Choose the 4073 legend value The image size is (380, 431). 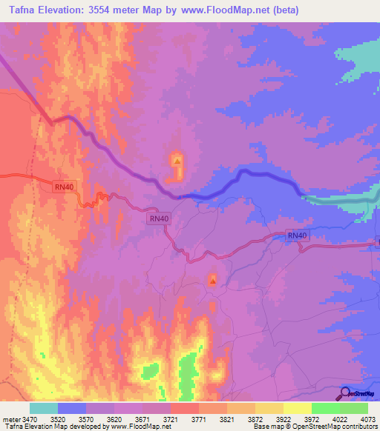pos(367,418)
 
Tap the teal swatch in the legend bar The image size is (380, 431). pos(44,408)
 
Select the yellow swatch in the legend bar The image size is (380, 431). pos(297,408)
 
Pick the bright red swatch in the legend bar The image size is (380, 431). pos(184,408)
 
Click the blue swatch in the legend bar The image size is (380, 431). pos(72,408)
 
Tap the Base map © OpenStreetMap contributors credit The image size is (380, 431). pos(315,427)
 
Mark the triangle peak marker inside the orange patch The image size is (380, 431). pos(177,160)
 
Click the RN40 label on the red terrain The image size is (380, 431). pos(63,187)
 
